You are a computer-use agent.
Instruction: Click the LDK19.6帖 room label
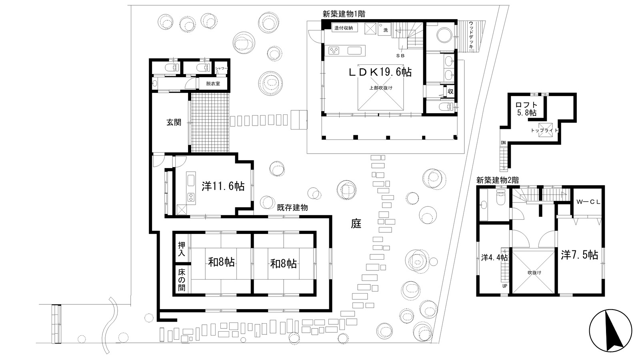pos(380,72)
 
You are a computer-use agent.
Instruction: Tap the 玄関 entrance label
pos(174,122)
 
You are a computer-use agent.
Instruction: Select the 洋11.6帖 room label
pos(223,186)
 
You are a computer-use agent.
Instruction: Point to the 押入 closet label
pos(182,249)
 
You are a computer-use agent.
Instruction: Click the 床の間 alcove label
pos(182,280)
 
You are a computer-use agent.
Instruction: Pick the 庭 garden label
pos(356,224)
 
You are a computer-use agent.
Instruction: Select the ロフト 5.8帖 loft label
pos(526,109)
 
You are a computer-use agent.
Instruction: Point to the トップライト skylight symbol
pos(545,130)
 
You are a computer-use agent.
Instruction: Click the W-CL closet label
pos(588,202)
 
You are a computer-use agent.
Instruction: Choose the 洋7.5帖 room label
pos(580,255)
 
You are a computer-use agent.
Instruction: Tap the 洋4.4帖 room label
pos(494,258)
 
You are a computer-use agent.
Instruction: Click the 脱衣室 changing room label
pos(213,84)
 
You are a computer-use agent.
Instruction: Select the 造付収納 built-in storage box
pos(344,28)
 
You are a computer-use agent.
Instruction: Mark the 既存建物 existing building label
pos(292,208)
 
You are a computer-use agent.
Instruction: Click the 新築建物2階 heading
pos(498,180)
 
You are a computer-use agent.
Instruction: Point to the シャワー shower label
pos(222,68)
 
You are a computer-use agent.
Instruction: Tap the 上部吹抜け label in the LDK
pos(381,88)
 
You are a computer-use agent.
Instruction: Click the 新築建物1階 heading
pos(344,14)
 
